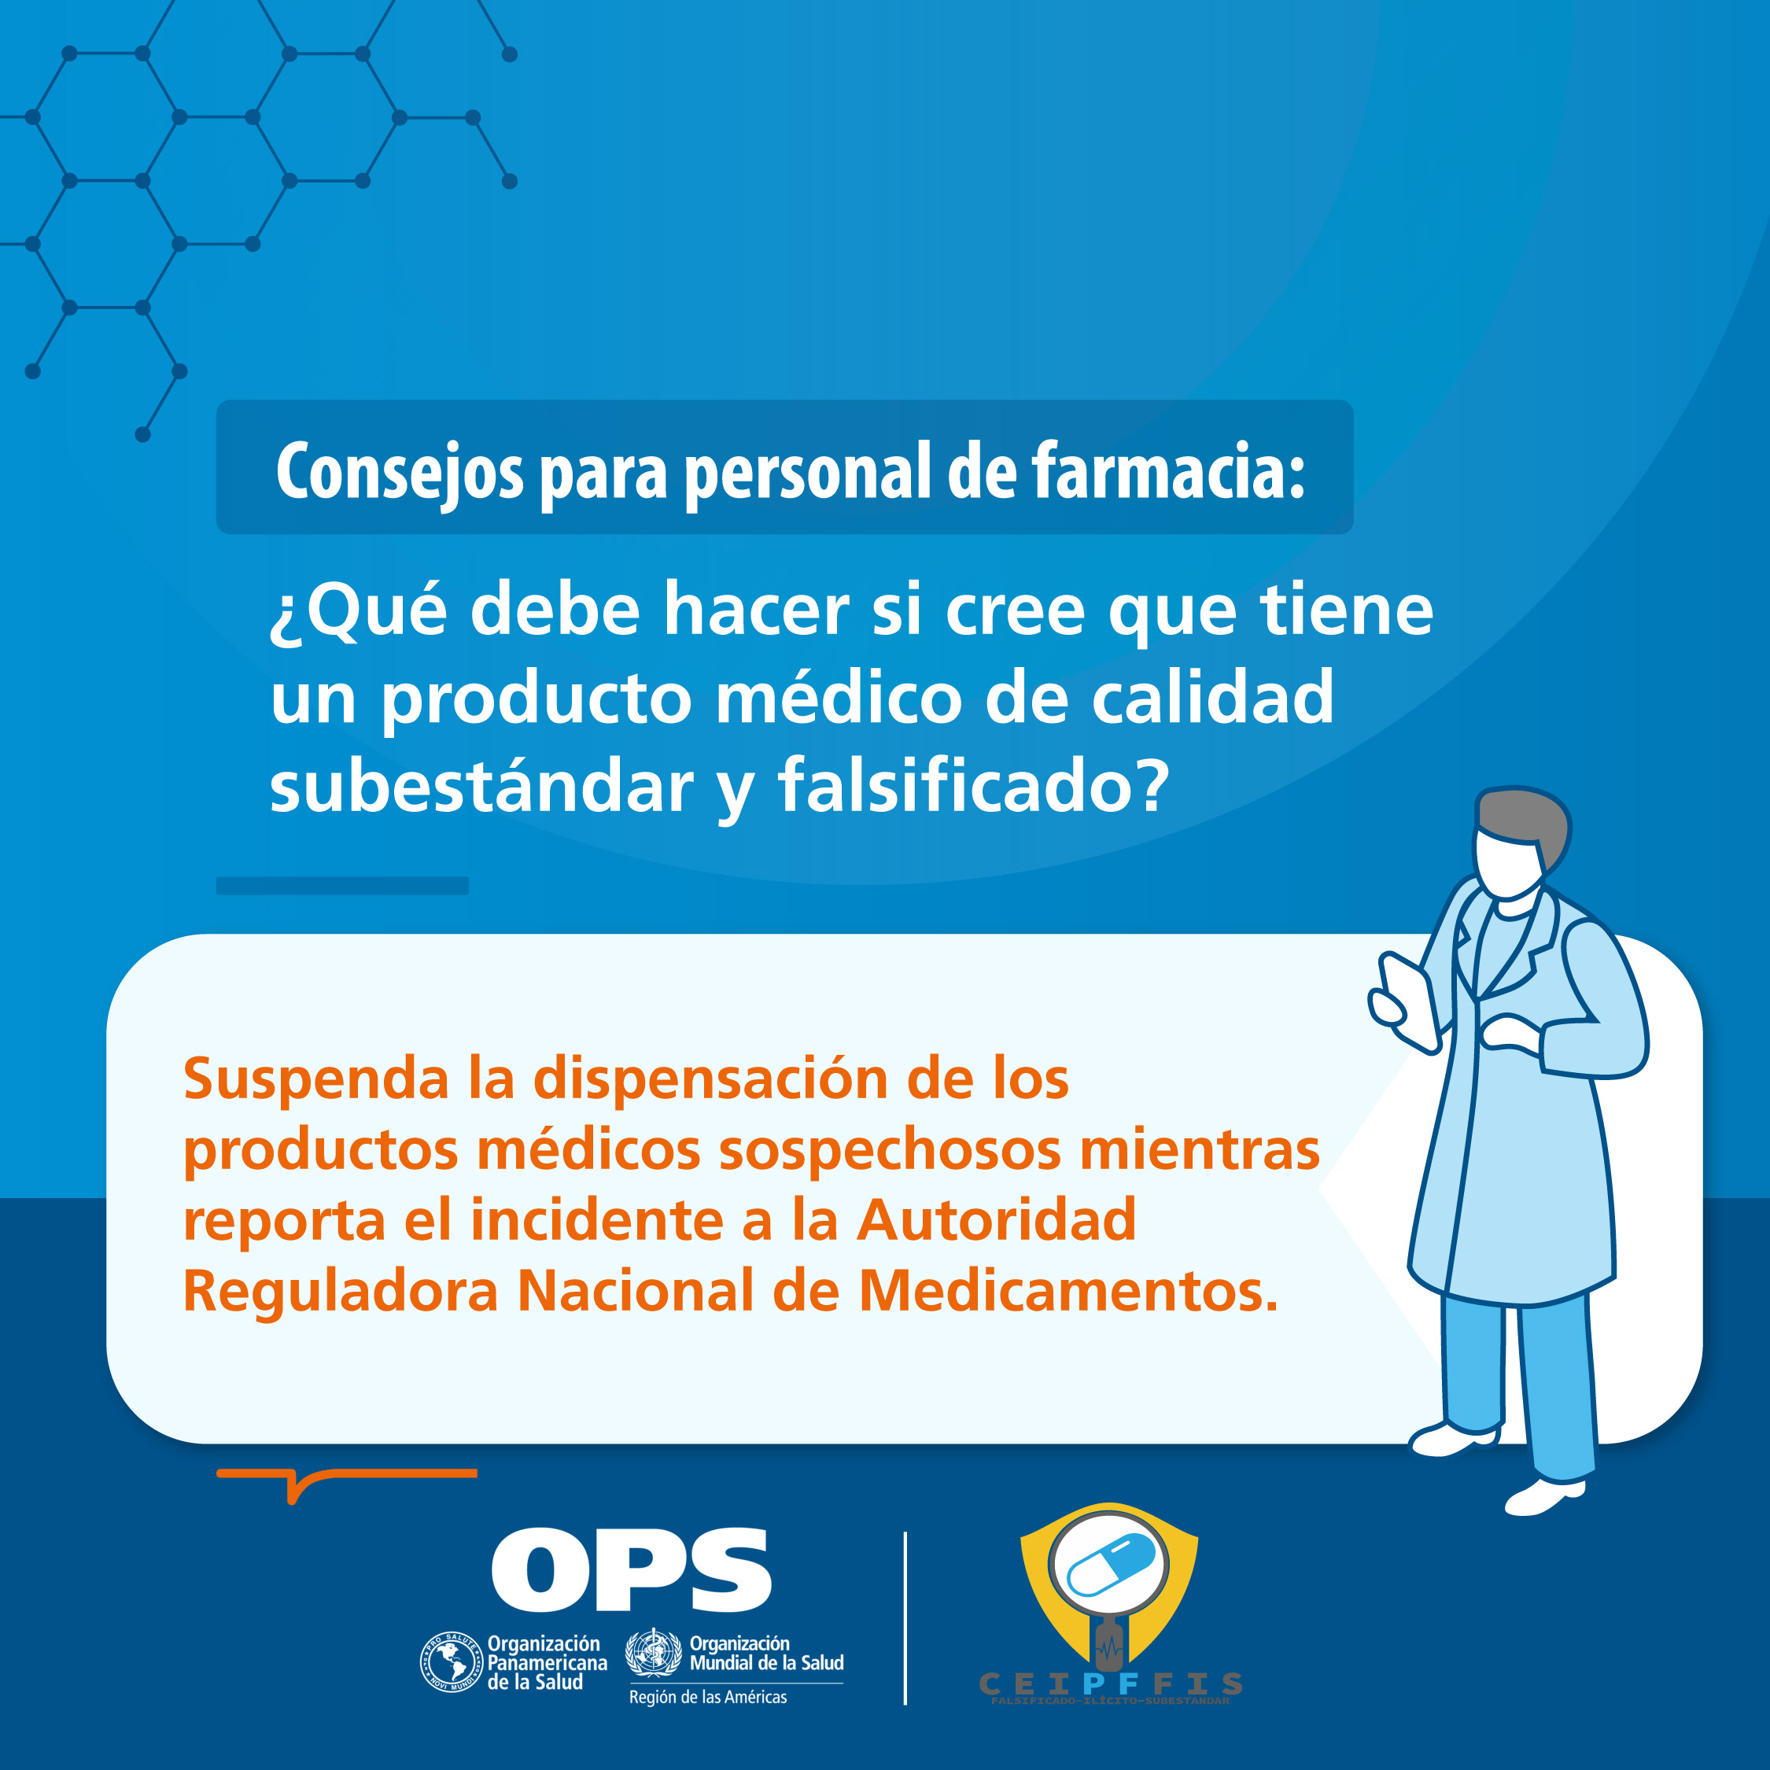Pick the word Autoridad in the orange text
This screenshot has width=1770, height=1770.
(996, 1220)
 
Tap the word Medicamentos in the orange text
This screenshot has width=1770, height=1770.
(1068, 1291)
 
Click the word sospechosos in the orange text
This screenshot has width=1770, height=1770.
(889, 1151)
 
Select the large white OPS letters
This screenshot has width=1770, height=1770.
(630, 1570)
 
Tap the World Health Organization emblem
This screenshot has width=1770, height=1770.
(653, 1652)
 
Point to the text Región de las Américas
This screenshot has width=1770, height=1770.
(707, 1698)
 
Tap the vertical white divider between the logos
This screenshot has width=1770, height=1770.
(905, 1618)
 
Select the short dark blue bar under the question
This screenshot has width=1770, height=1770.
(341, 885)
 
